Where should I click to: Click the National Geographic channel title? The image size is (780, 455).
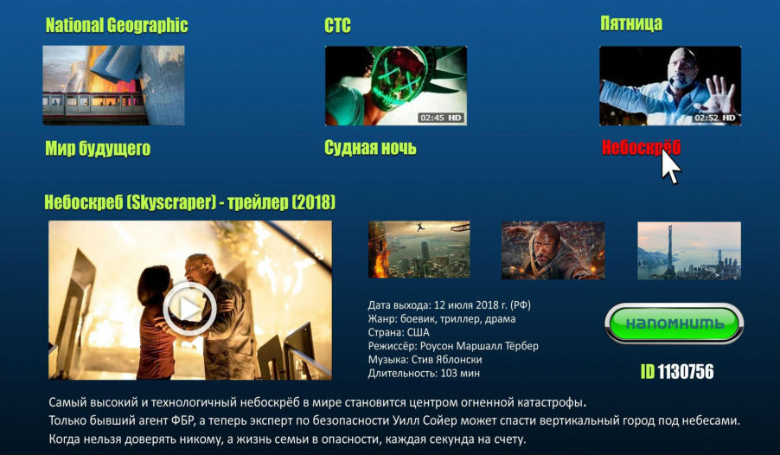[x=117, y=25]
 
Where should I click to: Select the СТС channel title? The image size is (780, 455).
[x=338, y=25]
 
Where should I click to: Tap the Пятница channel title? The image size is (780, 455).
[x=631, y=23]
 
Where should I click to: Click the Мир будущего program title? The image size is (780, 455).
[x=98, y=148]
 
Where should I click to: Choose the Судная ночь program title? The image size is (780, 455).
[x=371, y=148]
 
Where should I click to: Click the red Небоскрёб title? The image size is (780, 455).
[x=641, y=147]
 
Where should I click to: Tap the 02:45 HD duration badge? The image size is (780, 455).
[x=441, y=118]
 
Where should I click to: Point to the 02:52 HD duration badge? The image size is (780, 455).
[x=715, y=118]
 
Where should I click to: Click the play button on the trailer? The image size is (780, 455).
[x=189, y=309]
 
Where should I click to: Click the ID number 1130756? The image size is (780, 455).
[x=686, y=372]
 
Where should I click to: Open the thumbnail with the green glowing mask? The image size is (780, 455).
[x=396, y=86]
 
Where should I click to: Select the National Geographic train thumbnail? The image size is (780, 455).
[x=113, y=85]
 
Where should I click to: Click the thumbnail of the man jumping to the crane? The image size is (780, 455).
[x=419, y=249]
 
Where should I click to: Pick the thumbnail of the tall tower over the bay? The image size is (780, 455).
[x=689, y=250]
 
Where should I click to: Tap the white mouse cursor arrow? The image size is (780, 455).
[x=670, y=166]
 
